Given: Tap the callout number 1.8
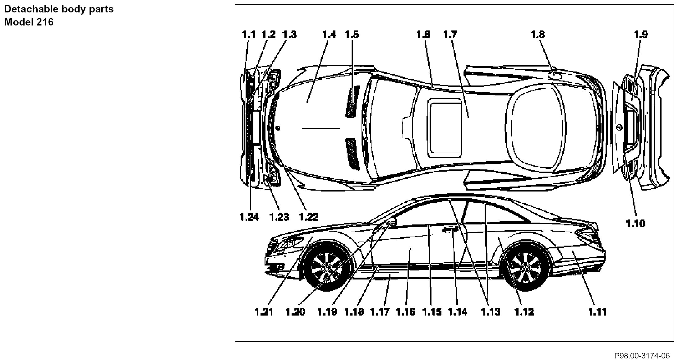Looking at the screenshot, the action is pos(537,34).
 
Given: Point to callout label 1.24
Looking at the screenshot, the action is pos(249,217).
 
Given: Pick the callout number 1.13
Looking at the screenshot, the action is pos(491,311).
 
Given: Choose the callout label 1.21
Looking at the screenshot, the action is pos(264,311).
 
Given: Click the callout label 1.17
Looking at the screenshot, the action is pos(380,311).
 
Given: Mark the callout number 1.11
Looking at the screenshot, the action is pos(597,311).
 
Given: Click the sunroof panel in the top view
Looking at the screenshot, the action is pos(445,127).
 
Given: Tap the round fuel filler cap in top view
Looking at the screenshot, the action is pos(554,75).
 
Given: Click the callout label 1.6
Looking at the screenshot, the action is pos(423,34).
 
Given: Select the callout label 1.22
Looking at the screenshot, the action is pos(309,217).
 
